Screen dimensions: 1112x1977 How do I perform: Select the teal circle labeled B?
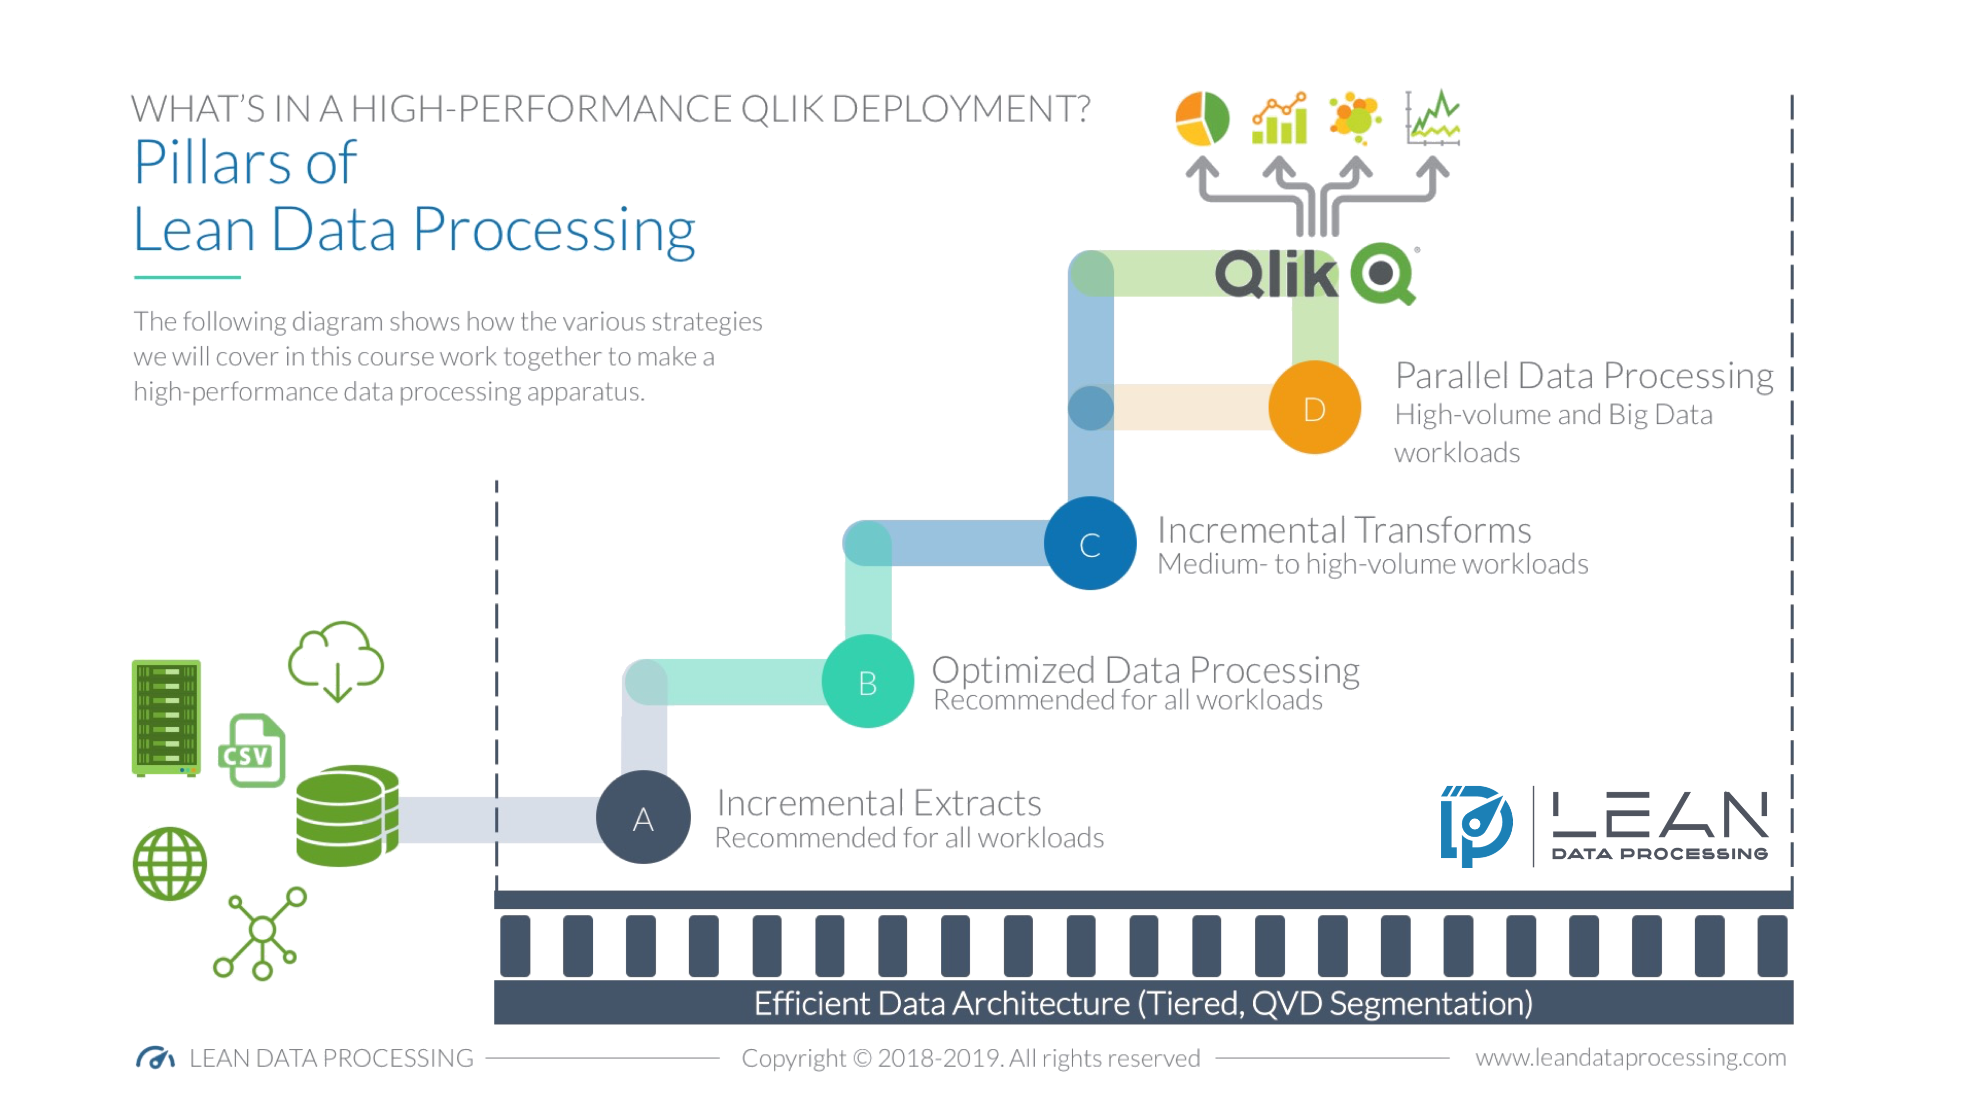[x=868, y=681]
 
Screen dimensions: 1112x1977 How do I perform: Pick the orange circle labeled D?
[x=1314, y=408]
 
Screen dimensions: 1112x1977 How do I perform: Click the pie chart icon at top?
[x=1203, y=119]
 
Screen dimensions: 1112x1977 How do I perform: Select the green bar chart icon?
[x=1280, y=120]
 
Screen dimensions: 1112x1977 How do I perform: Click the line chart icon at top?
[x=1433, y=119]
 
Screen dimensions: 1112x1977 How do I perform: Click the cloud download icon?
[x=336, y=662]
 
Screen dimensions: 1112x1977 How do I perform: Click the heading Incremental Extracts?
[x=879, y=803]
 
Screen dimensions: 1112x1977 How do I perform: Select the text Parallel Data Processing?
[x=1584, y=376]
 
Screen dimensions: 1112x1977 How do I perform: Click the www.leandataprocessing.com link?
[x=1630, y=1058]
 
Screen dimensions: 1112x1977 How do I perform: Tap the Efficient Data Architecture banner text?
[x=1143, y=1004]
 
